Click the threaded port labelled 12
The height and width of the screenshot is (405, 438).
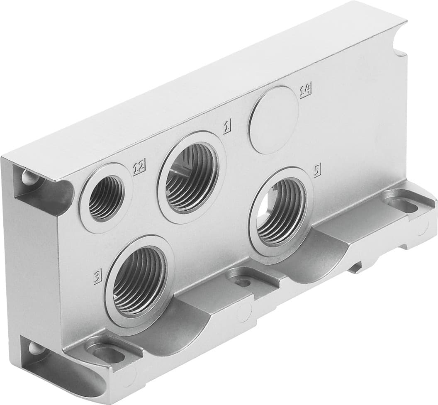click(x=105, y=197)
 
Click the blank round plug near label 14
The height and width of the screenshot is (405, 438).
click(x=274, y=120)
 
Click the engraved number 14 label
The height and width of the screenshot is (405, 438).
click(x=306, y=90)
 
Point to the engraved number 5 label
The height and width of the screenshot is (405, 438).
click(x=317, y=171)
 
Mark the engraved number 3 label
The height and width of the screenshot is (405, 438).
click(x=97, y=276)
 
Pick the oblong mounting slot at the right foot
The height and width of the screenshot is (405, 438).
click(x=404, y=204)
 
